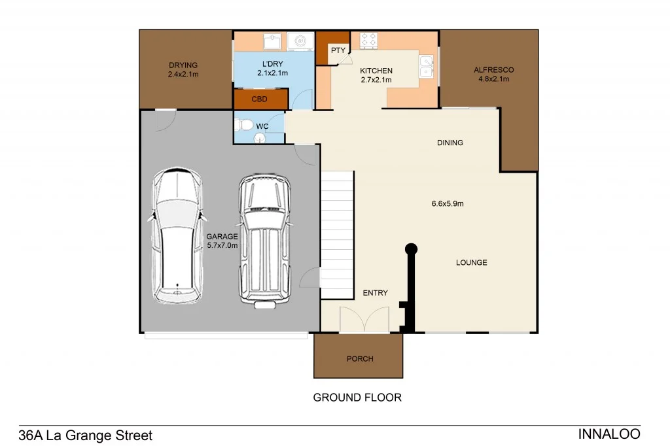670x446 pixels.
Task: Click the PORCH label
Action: tap(360, 358)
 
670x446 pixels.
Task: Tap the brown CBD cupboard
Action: tap(261, 100)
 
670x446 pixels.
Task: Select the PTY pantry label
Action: tap(338, 50)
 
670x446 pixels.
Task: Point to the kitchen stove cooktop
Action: tap(368, 40)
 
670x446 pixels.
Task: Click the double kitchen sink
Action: tap(426, 66)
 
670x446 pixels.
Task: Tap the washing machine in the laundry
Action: tap(300, 41)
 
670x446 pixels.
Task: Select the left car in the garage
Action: tap(175, 235)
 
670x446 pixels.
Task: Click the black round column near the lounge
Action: tap(411, 249)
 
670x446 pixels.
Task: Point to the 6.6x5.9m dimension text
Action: tap(448, 203)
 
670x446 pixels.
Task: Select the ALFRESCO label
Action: tap(493, 70)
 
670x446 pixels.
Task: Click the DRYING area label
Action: tap(183, 65)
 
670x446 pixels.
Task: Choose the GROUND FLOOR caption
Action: tap(357, 397)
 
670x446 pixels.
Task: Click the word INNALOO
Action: tap(609, 434)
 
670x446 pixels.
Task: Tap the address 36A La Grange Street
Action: tap(86, 435)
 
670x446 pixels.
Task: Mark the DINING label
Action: tap(450, 143)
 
